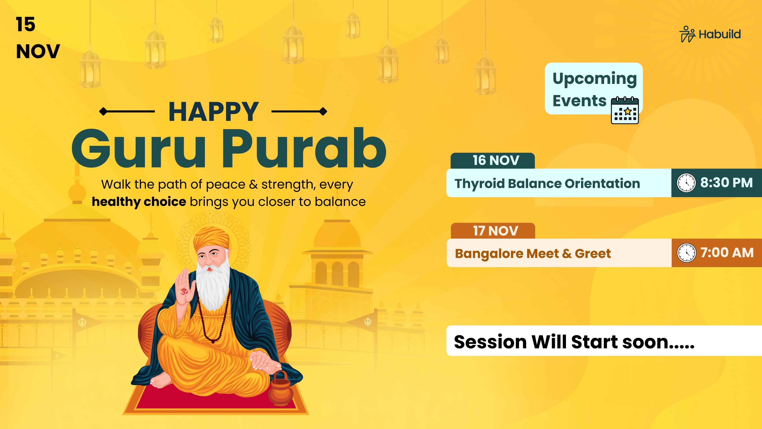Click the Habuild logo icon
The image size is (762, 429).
click(687, 34)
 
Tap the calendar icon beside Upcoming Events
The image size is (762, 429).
click(625, 110)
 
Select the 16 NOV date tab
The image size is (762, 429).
click(492, 161)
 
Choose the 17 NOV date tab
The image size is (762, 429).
click(493, 231)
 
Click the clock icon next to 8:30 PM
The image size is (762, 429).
click(686, 183)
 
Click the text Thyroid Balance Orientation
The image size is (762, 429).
click(547, 184)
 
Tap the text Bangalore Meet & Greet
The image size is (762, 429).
click(533, 253)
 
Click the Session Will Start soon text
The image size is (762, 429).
click(574, 342)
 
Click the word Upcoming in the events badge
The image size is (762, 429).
click(595, 79)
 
